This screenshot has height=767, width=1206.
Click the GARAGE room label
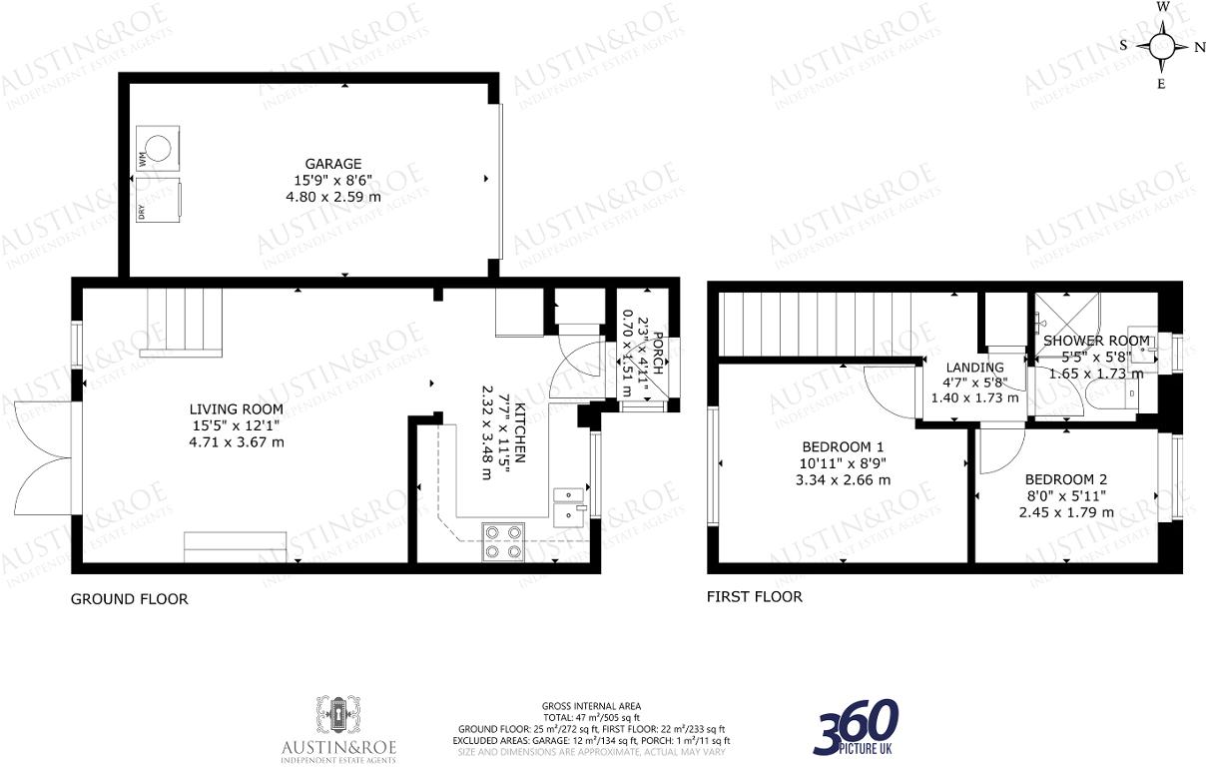click(333, 164)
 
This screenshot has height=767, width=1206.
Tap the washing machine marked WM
click(160, 147)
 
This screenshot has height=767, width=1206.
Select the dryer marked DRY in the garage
click(160, 200)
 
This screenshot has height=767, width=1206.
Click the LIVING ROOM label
click(237, 408)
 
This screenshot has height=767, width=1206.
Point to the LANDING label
click(974, 367)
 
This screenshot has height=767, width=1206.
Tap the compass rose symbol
click(1162, 45)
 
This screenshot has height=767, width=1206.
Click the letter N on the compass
click(1200, 46)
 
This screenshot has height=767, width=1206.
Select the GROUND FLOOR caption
click(129, 599)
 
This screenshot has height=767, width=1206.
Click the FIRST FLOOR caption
click(754, 597)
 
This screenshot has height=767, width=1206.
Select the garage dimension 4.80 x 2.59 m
click(333, 197)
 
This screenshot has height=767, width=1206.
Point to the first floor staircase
click(819, 325)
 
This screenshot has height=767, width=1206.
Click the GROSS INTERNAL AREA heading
click(591, 706)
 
